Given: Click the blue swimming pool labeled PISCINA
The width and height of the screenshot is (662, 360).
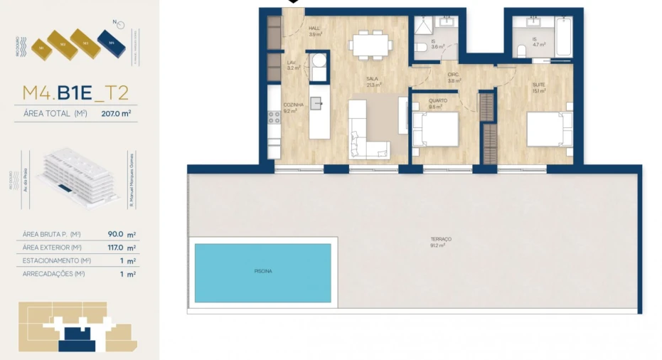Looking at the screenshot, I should pos(262,272).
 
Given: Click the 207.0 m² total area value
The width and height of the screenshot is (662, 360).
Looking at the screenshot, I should pos(116,112).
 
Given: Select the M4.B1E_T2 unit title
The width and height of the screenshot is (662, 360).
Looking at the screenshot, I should pos(75,92).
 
